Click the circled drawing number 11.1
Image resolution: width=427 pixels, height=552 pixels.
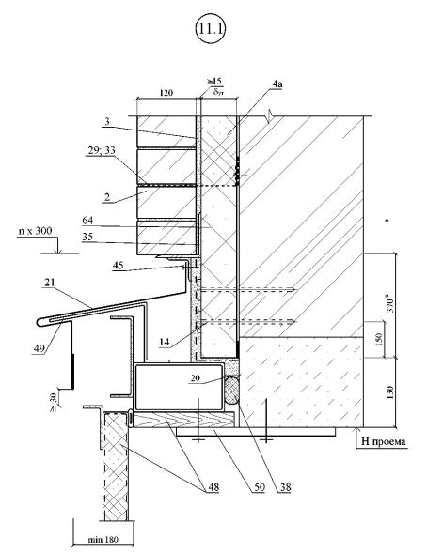coord(210,28)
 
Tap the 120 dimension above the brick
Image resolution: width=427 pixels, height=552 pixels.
coord(166,93)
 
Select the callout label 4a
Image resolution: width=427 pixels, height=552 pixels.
coord(277,84)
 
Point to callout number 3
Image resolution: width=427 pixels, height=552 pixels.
coord(107,121)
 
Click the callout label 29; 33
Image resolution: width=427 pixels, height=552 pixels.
coord(102,150)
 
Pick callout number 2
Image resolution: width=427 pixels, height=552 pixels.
coord(107,197)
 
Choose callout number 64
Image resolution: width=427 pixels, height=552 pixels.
coord(87,221)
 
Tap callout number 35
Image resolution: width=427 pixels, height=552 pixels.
coord(87,237)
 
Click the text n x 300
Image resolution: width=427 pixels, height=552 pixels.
coord(35,231)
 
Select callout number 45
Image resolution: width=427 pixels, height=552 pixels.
coord(119,265)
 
